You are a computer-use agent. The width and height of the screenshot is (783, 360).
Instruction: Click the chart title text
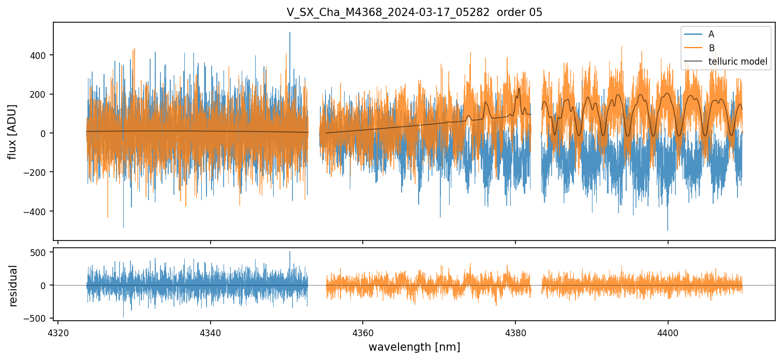415,12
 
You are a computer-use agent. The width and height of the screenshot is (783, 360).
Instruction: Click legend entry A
711,34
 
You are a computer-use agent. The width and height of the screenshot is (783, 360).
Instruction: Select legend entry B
711,48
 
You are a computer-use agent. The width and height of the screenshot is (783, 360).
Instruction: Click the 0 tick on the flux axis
46,133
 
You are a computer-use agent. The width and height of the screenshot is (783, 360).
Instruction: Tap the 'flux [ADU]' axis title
12,131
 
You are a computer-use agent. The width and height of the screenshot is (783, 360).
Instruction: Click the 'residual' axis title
13,286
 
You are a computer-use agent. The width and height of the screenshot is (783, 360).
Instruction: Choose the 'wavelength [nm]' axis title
414,347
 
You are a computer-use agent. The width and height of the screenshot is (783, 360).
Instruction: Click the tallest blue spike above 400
290,33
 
